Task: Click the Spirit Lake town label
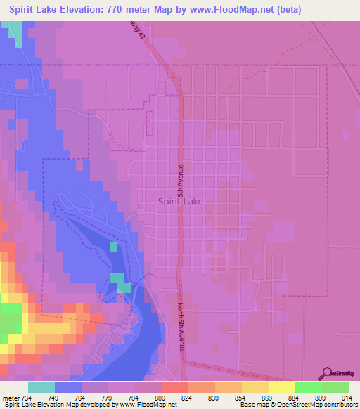(181, 201)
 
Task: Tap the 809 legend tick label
(161, 398)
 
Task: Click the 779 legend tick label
(108, 398)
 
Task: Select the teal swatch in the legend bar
(41, 388)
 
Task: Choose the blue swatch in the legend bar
(67, 388)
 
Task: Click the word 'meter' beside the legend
(8, 398)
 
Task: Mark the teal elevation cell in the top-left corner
(13, 29)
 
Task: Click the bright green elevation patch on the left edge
(9, 324)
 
